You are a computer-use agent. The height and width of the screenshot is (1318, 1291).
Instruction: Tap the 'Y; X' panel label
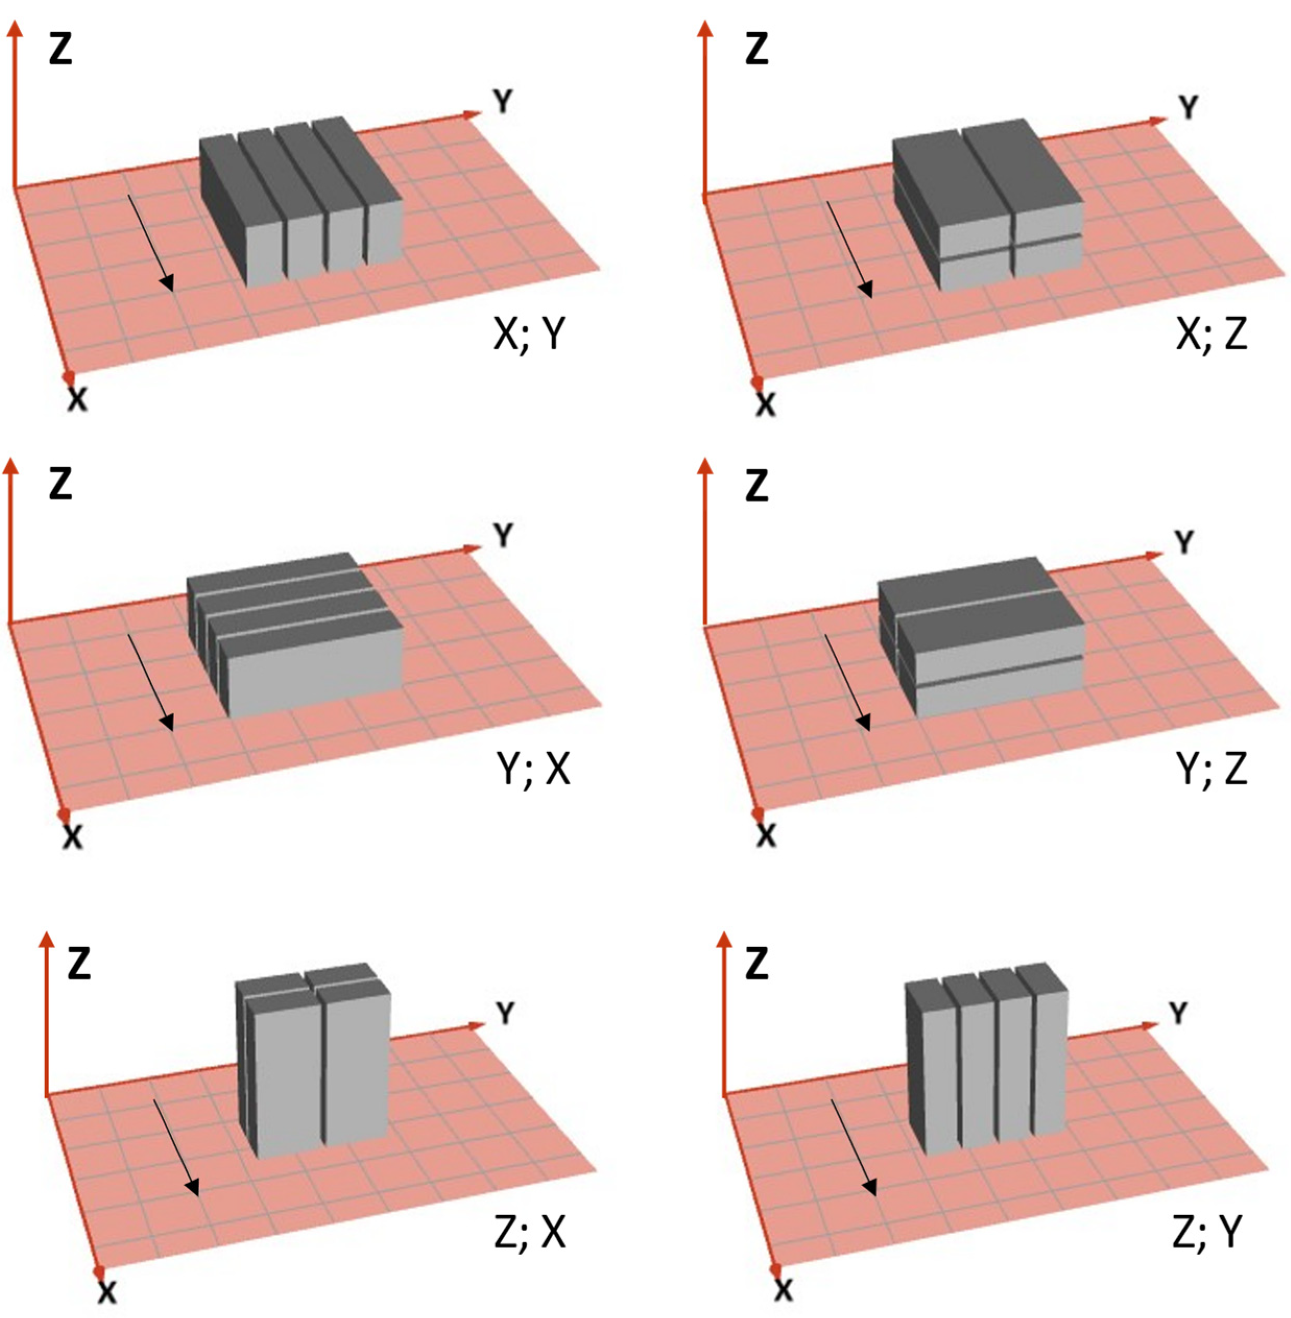click(x=534, y=770)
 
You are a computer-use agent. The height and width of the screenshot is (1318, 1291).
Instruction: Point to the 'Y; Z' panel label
click(x=1212, y=770)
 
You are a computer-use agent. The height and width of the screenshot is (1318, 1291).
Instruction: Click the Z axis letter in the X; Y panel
click(x=61, y=50)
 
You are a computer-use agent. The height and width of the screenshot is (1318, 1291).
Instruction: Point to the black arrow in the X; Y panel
click(x=151, y=244)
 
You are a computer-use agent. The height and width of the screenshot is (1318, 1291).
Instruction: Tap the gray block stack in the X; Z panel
click(x=987, y=205)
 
